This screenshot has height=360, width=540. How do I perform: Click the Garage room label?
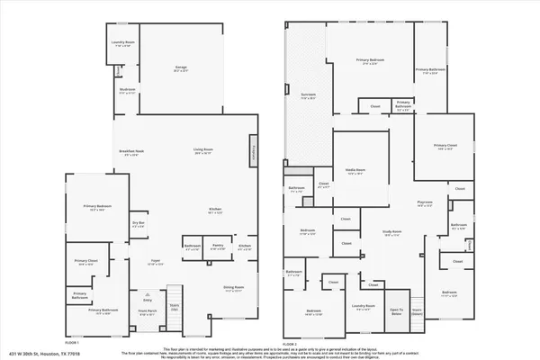pyautogui.click(x=180, y=68)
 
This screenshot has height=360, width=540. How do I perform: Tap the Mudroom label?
pyautogui.click(x=127, y=90)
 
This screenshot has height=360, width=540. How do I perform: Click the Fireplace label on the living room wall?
pyautogui.click(x=255, y=153)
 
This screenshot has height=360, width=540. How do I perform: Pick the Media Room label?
pyautogui.click(x=355, y=170)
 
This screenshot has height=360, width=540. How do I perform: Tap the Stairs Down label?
pyautogui.click(x=417, y=310)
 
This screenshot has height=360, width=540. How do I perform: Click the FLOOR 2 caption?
pyautogui.click(x=290, y=344)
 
